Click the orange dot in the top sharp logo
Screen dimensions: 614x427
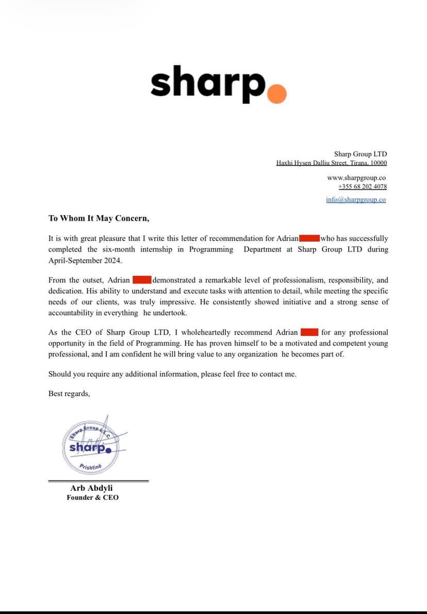tap(277, 94)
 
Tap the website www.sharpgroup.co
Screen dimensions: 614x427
tap(356, 177)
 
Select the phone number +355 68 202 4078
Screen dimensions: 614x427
tap(362, 187)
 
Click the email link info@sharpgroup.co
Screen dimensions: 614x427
tap(355, 200)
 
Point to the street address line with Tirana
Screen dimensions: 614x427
tap(331, 163)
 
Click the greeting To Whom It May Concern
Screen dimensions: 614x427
tap(98, 218)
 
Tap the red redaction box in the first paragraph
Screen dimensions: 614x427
tap(309, 238)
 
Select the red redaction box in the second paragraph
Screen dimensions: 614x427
tap(142, 280)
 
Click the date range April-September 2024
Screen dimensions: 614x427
tap(85, 261)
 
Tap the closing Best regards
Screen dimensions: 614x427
tap(69, 393)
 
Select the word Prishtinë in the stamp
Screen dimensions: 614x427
tap(91, 467)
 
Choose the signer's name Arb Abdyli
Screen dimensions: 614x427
tap(92, 488)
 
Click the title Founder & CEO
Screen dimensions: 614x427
tap(92, 497)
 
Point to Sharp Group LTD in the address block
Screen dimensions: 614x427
tap(360, 154)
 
